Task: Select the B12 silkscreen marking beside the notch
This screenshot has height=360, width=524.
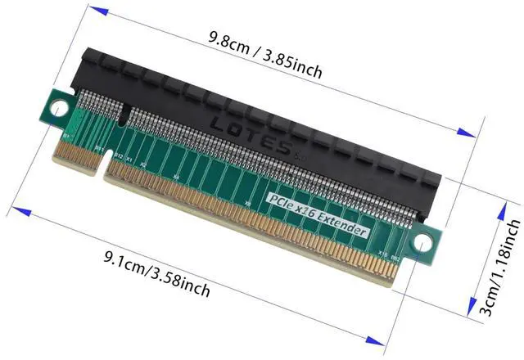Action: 117,155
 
